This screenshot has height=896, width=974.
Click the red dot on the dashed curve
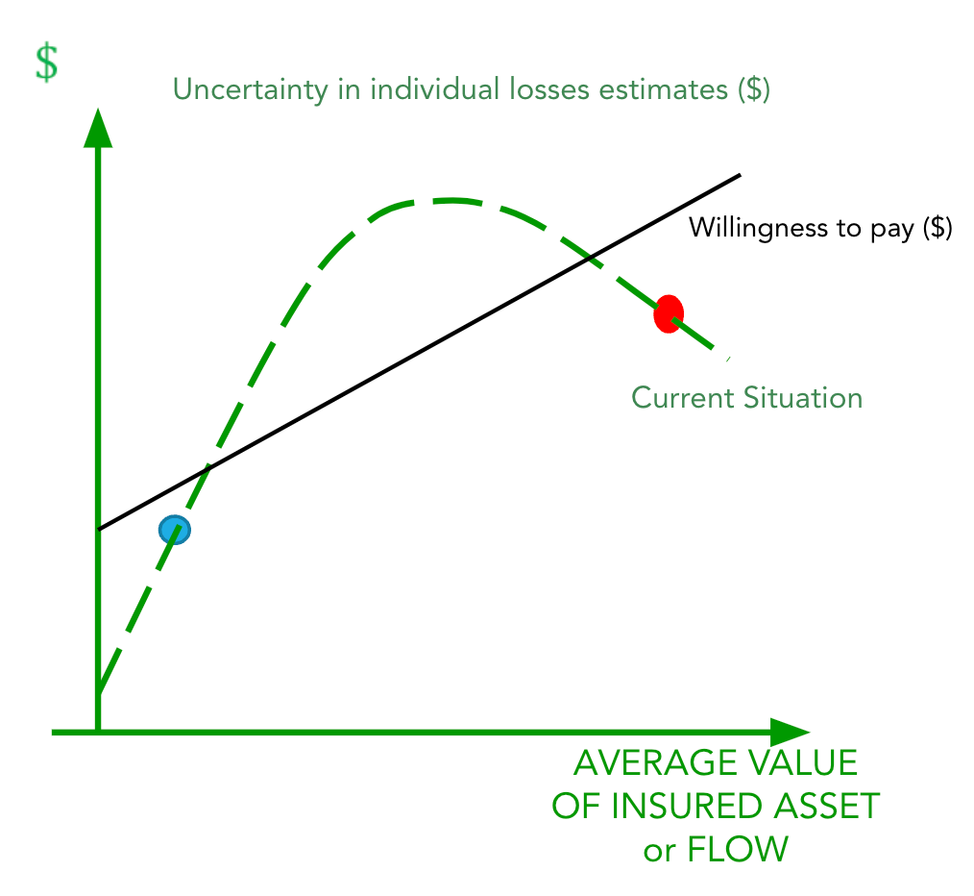pyautogui.click(x=668, y=314)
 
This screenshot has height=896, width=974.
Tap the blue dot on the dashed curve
pyautogui.click(x=175, y=529)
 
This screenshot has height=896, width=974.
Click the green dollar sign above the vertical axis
pyautogui.click(x=46, y=62)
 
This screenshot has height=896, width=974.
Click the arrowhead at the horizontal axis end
pyautogui.click(x=790, y=733)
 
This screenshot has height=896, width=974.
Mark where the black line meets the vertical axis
pyautogui.click(x=98, y=529)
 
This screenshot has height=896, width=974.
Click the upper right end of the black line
pyautogui.click(x=740, y=175)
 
